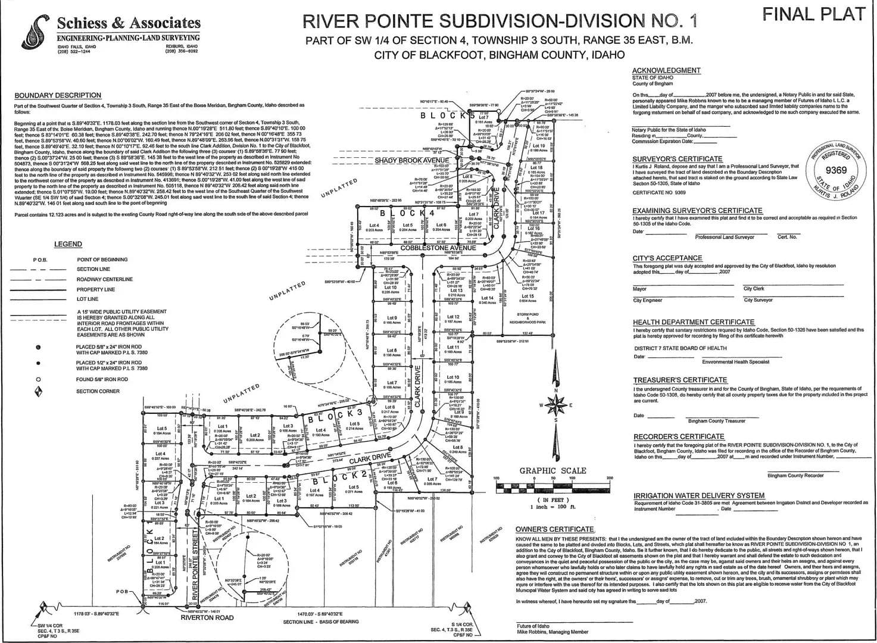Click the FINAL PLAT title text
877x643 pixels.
point(813,14)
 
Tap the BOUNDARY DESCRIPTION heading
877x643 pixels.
point(58,95)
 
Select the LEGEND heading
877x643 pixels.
point(68,244)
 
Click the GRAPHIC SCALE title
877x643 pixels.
point(553,470)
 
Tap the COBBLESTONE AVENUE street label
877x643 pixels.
point(438,247)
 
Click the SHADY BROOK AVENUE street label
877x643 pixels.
point(412,161)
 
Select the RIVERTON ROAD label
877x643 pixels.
point(207,618)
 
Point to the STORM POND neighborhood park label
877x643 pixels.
point(528,318)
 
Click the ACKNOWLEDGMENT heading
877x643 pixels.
point(666,70)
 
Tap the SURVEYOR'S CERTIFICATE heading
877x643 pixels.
point(669,159)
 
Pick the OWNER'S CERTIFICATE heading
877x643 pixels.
point(554,529)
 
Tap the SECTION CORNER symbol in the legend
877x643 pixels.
point(39,391)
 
